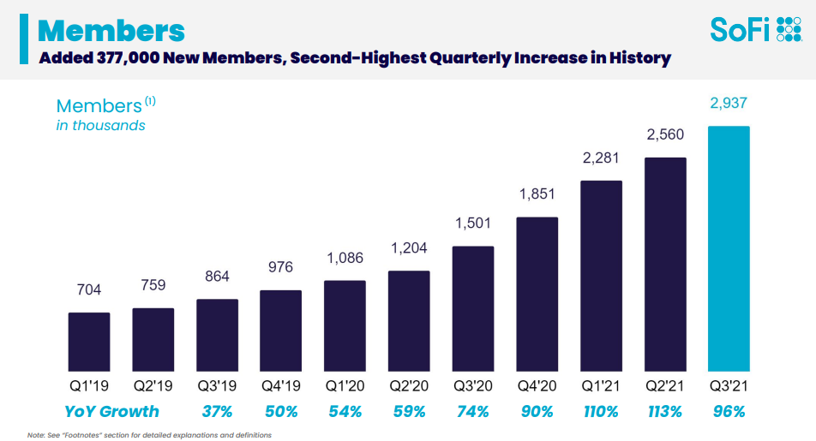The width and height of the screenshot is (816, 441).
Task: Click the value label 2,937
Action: (729, 104)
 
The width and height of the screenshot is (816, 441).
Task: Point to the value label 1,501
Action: (473, 224)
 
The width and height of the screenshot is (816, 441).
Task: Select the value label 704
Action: (89, 290)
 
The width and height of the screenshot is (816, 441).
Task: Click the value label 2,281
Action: (601, 158)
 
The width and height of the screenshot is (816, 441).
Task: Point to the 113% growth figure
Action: (664, 412)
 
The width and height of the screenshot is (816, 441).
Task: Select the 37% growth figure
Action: (217, 412)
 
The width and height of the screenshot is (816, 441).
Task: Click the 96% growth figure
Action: (729, 412)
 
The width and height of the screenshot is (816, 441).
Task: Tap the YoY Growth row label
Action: (111, 412)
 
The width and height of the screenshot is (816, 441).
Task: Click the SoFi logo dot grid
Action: (788, 29)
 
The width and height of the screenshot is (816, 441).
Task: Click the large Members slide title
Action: (111, 30)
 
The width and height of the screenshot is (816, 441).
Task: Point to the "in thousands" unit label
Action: (100, 125)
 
